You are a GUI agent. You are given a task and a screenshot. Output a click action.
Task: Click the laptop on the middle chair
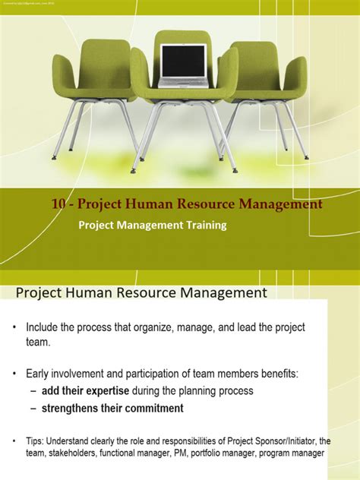pos(182,65)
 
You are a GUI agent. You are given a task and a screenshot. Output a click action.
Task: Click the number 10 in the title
pos(60,204)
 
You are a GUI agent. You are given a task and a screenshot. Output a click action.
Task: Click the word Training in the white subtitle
pos(202,225)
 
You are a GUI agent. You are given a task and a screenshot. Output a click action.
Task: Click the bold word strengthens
pos(70,409)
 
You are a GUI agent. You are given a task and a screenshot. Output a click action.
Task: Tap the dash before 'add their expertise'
pos(34,390)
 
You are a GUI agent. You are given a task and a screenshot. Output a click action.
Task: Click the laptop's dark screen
pos(182,60)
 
